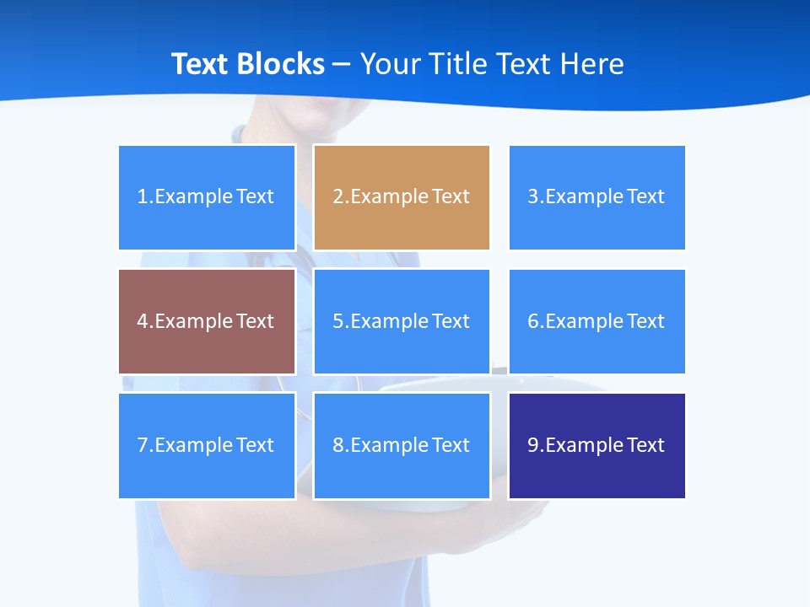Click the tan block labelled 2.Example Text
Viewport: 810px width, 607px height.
pyautogui.click(x=402, y=197)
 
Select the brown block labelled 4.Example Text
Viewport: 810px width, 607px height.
pyautogui.click(x=207, y=321)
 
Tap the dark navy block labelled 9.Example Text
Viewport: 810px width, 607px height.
pyautogui.click(x=597, y=445)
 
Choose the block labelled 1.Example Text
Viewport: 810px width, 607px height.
pyautogui.click(x=207, y=197)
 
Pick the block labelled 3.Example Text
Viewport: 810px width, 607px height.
pyautogui.click(x=597, y=197)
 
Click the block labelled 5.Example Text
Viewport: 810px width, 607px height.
pyautogui.click(x=402, y=321)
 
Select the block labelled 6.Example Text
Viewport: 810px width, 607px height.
pyautogui.click(x=597, y=321)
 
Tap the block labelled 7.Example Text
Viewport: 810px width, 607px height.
pyautogui.click(x=207, y=445)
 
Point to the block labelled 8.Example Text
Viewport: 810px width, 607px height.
pyautogui.click(x=402, y=445)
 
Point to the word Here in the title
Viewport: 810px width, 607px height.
pyautogui.click(x=594, y=64)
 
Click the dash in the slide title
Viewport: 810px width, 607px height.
pyautogui.click(x=342, y=64)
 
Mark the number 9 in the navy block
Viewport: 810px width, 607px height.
pyautogui.click(x=533, y=445)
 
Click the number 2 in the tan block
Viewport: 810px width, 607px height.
pyautogui.click(x=337, y=197)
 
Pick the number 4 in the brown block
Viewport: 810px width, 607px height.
pyautogui.click(x=143, y=321)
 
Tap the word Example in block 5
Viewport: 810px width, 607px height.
pyautogui.click(x=389, y=321)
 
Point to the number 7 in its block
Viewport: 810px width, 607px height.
pyautogui.click(x=143, y=445)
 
